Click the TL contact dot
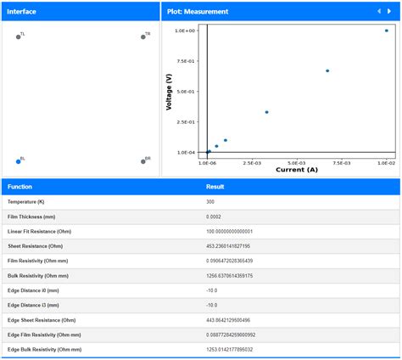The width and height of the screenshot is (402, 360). [18, 37]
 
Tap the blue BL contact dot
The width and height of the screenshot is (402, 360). [18, 160]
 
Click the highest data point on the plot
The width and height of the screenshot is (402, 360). [387, 31]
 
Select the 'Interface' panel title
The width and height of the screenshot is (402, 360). [22, 11]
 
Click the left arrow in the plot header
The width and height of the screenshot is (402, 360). [378, 11]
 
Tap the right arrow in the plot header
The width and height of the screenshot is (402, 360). [390, 11]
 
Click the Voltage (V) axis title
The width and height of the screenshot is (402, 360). [169, 92]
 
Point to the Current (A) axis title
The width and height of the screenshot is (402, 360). [296, 170]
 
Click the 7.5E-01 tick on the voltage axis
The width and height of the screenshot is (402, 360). [186, 61]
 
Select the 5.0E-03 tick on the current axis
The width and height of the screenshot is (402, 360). [297, 161]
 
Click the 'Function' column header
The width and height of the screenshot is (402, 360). [20, 186]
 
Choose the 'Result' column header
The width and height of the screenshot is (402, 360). [215, 186]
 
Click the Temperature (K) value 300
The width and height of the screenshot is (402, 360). [210, 202]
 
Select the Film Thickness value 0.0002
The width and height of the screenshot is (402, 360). [215, 217]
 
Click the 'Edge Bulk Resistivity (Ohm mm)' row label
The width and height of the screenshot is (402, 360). [45, 349]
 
